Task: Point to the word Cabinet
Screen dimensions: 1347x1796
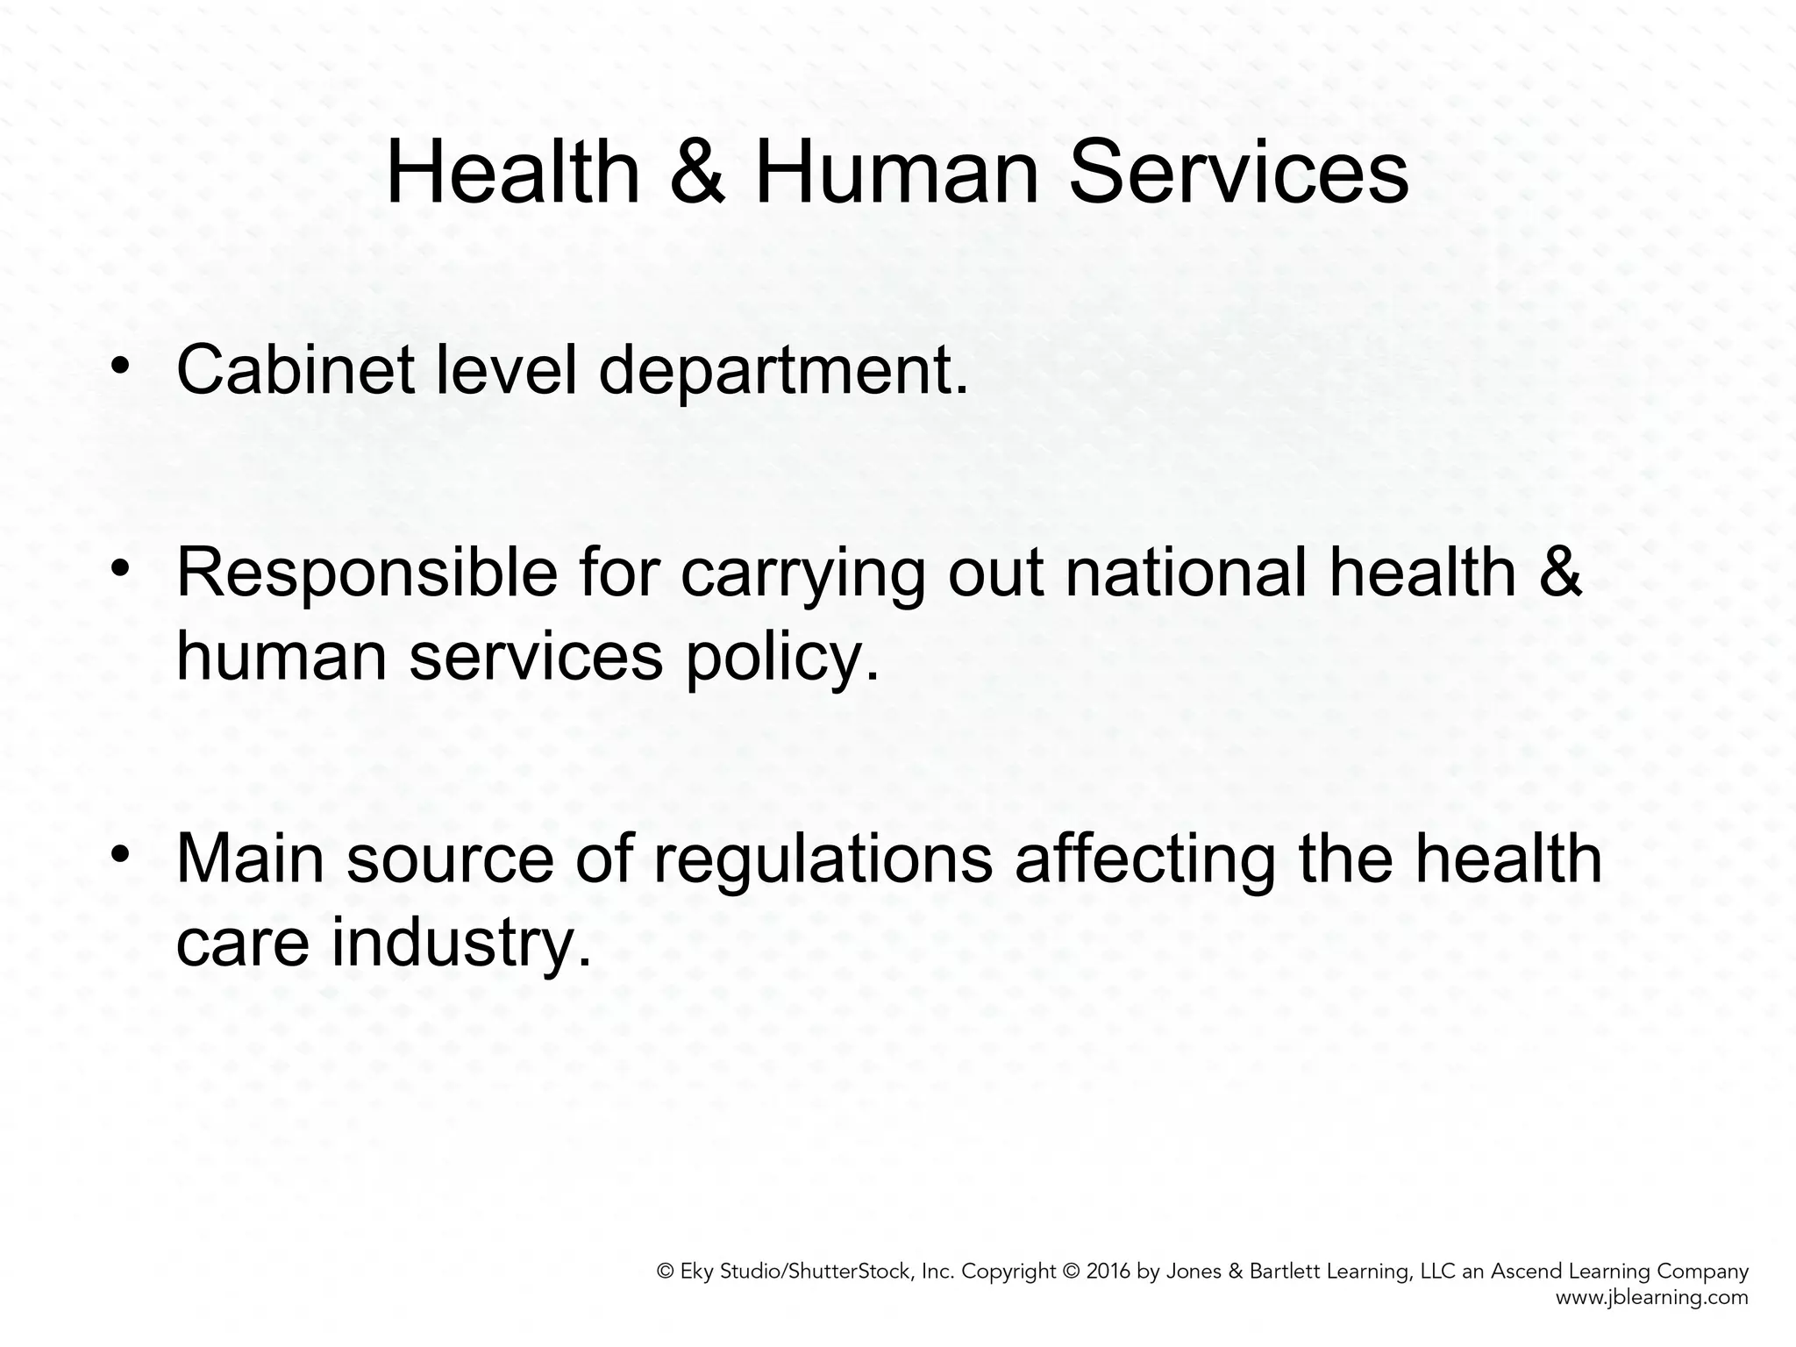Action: pos(295,369)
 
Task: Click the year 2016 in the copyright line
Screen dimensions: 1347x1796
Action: pos(1108,1272)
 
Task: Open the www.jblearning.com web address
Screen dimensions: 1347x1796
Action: pos(1652,1298)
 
